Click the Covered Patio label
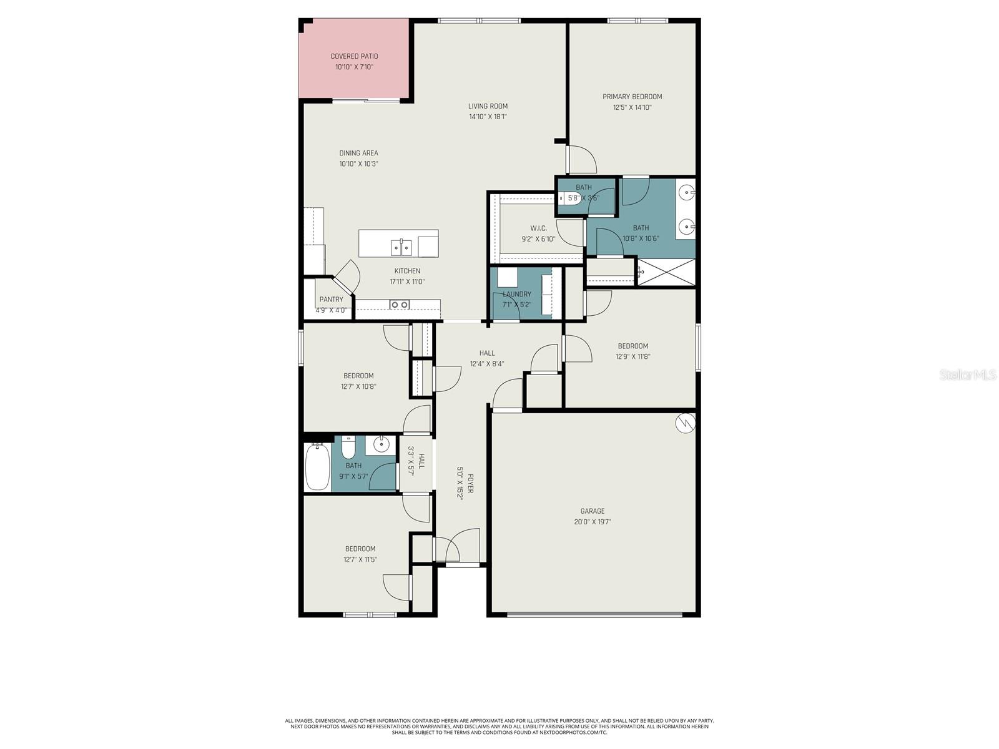(x=354, y=56)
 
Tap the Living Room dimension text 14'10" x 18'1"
(x=488, y=117)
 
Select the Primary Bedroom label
(x=632, y=97)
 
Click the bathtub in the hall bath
(x=317, y=467)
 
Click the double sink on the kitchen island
(x=401, y=248)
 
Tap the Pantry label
(x=331, y=300)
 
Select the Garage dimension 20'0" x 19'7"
(x=592, y=522)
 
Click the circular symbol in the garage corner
(x=685, y=423)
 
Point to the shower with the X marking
(x=666, y=272)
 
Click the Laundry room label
(x=517, y=294)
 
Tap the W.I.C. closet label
(x=538, y=228)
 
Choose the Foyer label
(x=470, y=484)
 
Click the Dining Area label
(x=358, y=153)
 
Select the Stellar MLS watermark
(x=967, y=375)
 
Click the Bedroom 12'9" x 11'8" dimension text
(x=632, y=357)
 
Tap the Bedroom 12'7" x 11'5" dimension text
(x=360, y=560)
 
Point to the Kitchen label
(x=407, y=271)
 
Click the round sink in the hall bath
(x=380, y=444)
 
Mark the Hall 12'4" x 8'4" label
(x=487, y=353)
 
